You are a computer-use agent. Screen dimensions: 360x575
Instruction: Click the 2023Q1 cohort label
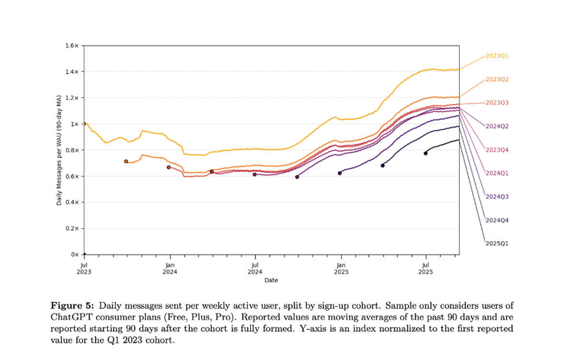tap(497, 56)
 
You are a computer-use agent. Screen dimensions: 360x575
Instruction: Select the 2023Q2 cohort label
tap(497, 80)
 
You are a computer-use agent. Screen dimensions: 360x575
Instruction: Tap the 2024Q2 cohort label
tap(497, 127)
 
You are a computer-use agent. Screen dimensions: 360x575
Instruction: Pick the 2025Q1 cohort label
tap(497, 244)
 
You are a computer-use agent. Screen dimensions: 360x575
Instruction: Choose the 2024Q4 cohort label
tap(497, 221)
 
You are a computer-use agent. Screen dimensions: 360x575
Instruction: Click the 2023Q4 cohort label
tap(497, 150)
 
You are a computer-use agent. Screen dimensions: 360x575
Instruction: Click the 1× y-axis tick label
tap(74, 124)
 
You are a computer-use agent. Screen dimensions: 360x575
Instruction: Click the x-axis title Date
tap(271, 280)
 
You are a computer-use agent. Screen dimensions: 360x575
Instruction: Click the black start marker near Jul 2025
tap(425, 153)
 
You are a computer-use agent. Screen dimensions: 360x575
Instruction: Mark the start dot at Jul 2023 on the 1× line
tap(84, 124)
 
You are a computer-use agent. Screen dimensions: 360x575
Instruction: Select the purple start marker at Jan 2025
tap(340, 173)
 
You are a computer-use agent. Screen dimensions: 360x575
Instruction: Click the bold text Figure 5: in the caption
tap(73, 305)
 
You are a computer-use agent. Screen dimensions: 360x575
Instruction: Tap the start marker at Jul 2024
tap(254, 174)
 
